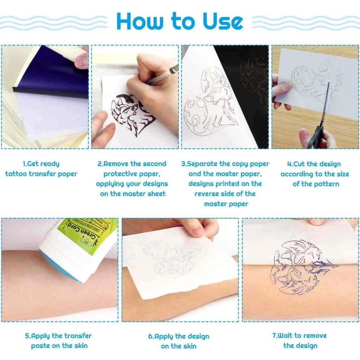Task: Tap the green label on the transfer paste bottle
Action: (x=88, y=234)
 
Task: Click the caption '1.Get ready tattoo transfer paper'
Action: (x=41, y=169)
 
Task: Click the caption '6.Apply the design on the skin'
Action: (x=179, y=341)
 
